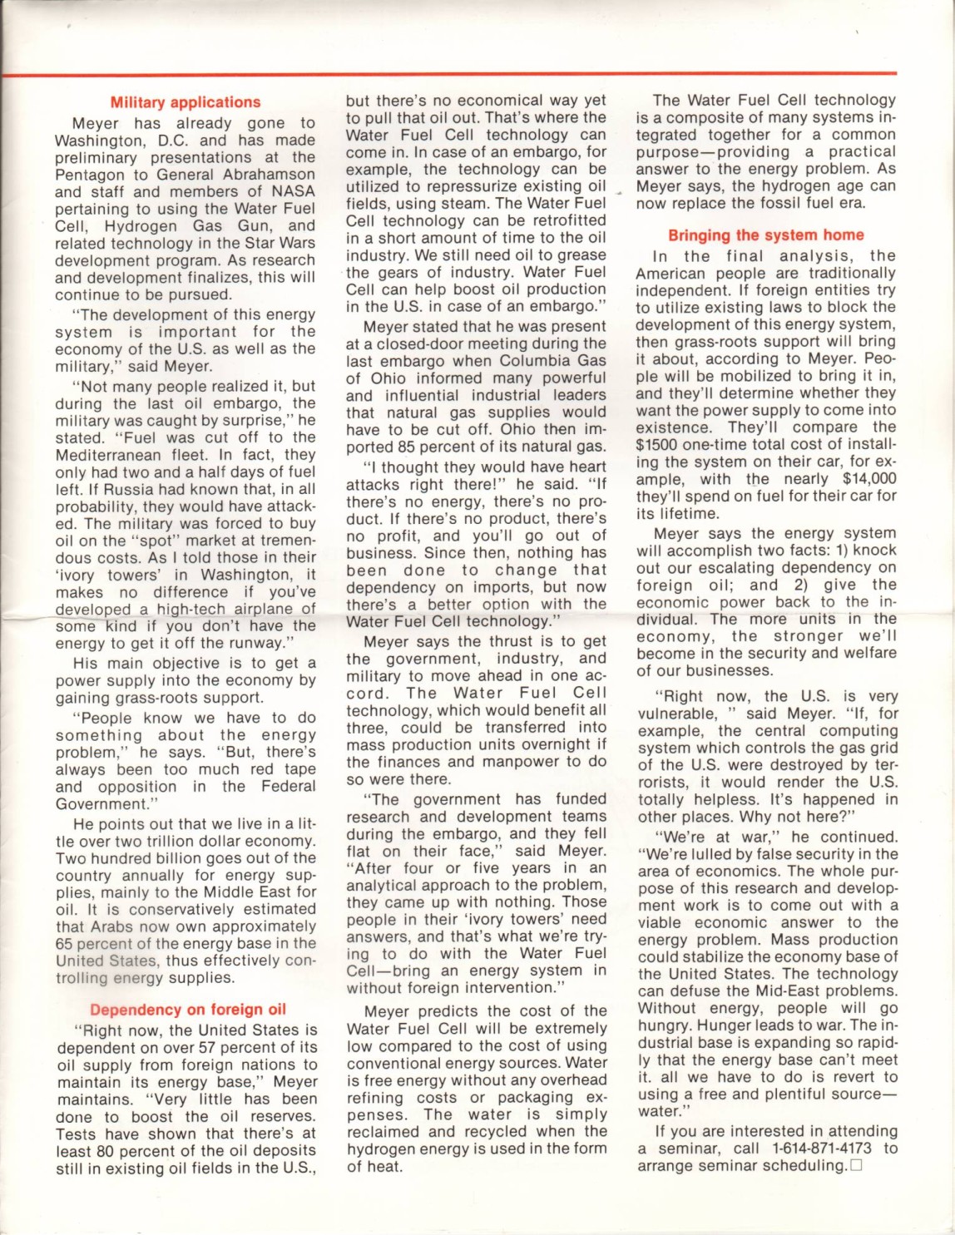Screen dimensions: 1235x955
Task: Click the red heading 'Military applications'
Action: point(186,102)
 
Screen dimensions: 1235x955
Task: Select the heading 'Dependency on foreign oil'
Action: point(188,1010)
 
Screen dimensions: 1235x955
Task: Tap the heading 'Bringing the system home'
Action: point(766,235)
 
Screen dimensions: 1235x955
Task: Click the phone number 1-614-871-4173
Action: point(822,1149)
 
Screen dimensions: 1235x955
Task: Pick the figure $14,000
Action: point(869,478)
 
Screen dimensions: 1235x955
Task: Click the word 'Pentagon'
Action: point(89,175)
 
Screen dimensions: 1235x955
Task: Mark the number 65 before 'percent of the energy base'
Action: point(65,943)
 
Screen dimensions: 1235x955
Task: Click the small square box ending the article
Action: point(856,1166)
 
